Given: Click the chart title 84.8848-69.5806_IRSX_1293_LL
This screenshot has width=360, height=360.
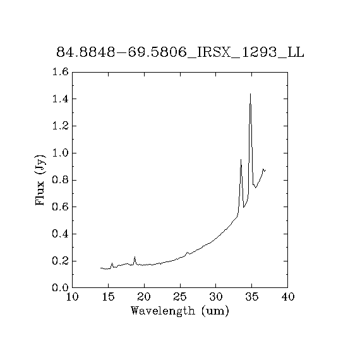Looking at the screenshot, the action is [180, 52].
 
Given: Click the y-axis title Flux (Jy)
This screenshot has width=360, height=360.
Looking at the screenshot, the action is [40, 180].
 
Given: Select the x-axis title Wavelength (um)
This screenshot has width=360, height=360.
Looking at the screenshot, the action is [180, 311].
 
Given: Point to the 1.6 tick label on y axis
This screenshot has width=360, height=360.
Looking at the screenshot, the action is [61, 72].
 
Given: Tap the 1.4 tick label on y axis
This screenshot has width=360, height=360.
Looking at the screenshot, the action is [61, 99].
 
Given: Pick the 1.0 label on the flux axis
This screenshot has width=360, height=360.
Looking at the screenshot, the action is [61, 153].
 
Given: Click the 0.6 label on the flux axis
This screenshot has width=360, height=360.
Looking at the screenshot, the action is [61, 207].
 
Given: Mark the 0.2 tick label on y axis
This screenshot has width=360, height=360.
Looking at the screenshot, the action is [61, 261].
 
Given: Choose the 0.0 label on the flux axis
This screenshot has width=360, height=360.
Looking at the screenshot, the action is [61, 287].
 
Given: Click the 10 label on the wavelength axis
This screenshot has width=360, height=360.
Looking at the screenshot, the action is [73, 297].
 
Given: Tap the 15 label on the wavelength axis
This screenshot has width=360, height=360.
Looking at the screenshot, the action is [108, 297].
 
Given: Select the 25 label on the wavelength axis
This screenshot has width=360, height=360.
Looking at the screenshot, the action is [180, 297].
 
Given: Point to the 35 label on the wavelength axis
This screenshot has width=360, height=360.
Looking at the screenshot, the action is [252, 297].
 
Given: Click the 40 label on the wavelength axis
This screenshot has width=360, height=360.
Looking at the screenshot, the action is [287, 297].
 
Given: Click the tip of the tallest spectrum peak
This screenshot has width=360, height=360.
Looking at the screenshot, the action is [250, 93].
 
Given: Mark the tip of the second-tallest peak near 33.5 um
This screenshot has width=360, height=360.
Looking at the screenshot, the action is [241, 159].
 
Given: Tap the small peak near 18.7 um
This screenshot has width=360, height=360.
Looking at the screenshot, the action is [135, 257].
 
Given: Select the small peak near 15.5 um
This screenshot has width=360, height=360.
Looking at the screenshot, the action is [112, 263].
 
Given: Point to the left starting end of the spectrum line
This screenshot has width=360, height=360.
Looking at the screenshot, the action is [100, 268].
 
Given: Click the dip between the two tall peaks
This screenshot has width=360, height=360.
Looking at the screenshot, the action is [244, 207].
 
